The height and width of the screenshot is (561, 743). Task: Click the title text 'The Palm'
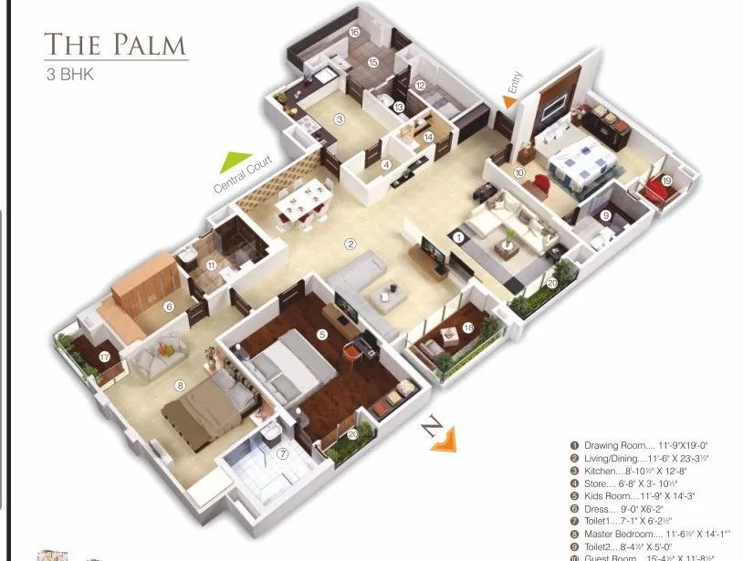[x=115, y=45]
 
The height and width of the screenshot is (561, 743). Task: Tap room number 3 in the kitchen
[x=339, y=119]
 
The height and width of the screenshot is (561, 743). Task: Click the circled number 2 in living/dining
[x=349, y=244]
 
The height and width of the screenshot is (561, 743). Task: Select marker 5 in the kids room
[x=321, y=335]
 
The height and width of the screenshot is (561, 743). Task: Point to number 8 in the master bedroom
[x=181, y=386]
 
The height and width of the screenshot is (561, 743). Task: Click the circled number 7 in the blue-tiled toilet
[x=283, y=453]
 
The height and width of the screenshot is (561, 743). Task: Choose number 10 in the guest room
[x=519, y=171]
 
